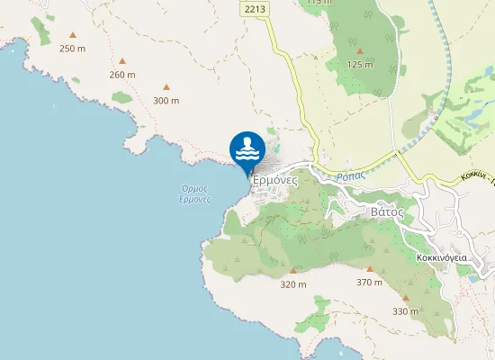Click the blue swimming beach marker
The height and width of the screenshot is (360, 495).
tap(247, 149)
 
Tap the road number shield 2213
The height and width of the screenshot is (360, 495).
tap(256, 8)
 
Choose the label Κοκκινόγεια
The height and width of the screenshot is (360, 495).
tap(441, 257)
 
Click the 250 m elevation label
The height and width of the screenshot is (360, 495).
tap(72, 48)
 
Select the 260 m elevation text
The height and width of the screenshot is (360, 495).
tap(122, 75)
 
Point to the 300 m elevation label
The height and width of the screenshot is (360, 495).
tap(166, 100)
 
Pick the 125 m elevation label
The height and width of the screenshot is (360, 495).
tap(359, 65)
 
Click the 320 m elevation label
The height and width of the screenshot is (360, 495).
tap(293, 284)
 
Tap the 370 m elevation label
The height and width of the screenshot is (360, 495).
tap(369, 282)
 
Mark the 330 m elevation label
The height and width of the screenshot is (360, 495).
tap(405, 311)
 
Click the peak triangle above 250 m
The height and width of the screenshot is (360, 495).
tap(73, 36)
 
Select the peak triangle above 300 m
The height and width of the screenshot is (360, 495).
tap(166, 87)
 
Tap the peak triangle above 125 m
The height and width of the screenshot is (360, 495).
tap(359, 52)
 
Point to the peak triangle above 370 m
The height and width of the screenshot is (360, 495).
tap(369, 269)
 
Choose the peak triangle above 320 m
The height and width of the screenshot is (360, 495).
tap(293, 271)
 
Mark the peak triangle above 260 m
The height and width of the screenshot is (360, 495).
tap(121, 62)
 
